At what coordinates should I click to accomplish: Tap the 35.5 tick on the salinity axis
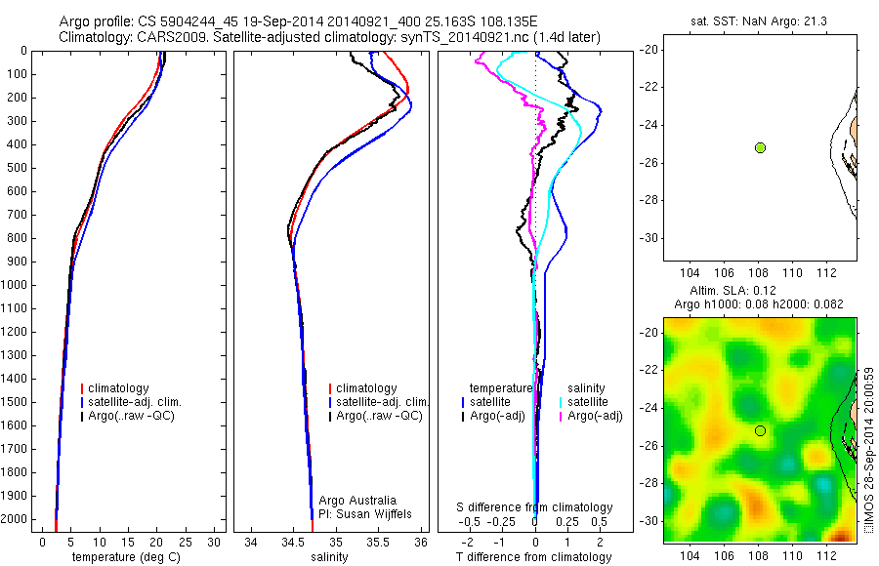coord(379,541)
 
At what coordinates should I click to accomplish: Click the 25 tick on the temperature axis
coord(186,541)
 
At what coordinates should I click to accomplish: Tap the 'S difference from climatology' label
coord(535,507)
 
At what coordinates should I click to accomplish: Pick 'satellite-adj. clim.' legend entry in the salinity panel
coord(382,402)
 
